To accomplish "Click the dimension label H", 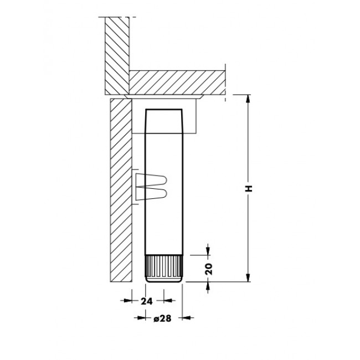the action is click(248, 188).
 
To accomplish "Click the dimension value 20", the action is click(209, 269).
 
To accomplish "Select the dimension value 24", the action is click(146, 301).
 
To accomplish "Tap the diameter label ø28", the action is click(162, 318).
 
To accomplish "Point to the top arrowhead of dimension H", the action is click(248, 99).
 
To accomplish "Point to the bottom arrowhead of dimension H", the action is click(248, 277).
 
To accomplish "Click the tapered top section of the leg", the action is click(164, 121).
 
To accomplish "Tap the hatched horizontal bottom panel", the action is click(177, 83).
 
